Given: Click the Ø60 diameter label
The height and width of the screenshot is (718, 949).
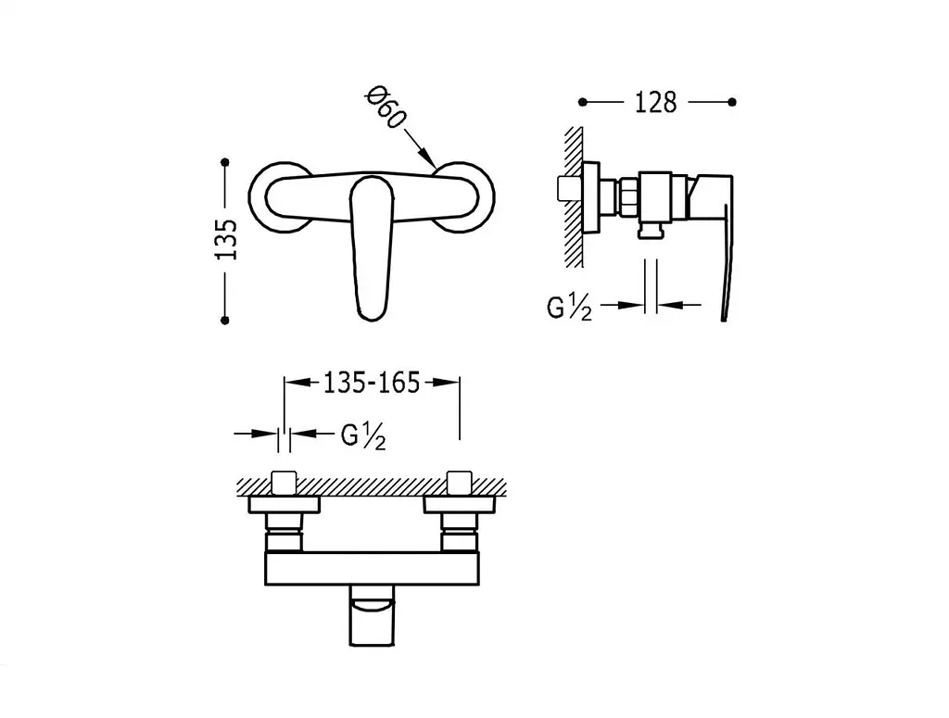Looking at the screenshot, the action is point(385,107).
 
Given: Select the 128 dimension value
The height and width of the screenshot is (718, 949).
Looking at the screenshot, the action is point(655,103).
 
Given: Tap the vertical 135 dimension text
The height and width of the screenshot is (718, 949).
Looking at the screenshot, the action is point(227,240).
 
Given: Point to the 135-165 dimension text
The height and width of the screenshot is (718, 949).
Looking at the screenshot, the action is point(372,383).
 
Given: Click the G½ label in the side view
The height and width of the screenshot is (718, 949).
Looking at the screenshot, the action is point(569,308).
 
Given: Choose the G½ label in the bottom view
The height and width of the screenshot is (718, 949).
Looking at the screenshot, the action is point(363,435).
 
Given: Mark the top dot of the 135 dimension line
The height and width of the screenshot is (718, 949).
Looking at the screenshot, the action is point(225,162).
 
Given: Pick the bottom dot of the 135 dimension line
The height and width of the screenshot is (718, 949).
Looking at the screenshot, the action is point(225,320).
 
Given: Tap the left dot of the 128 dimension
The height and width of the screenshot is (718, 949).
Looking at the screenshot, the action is point(582,102).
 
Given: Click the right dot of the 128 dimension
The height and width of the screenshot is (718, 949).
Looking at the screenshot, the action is point(732,102).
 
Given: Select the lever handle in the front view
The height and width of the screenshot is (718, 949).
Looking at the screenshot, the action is point(373,246).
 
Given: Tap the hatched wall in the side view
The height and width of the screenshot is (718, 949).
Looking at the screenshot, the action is point(574,197).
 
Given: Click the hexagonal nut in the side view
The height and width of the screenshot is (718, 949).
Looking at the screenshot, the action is point(626,197).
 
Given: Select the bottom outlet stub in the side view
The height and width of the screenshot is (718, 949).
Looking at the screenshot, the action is point(652,230).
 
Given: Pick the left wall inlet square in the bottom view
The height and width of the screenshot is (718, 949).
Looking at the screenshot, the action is point(284,483).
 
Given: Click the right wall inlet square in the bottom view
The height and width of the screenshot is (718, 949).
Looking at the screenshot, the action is point(460,483).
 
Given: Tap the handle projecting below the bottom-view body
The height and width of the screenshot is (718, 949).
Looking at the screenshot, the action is point(372,616).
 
